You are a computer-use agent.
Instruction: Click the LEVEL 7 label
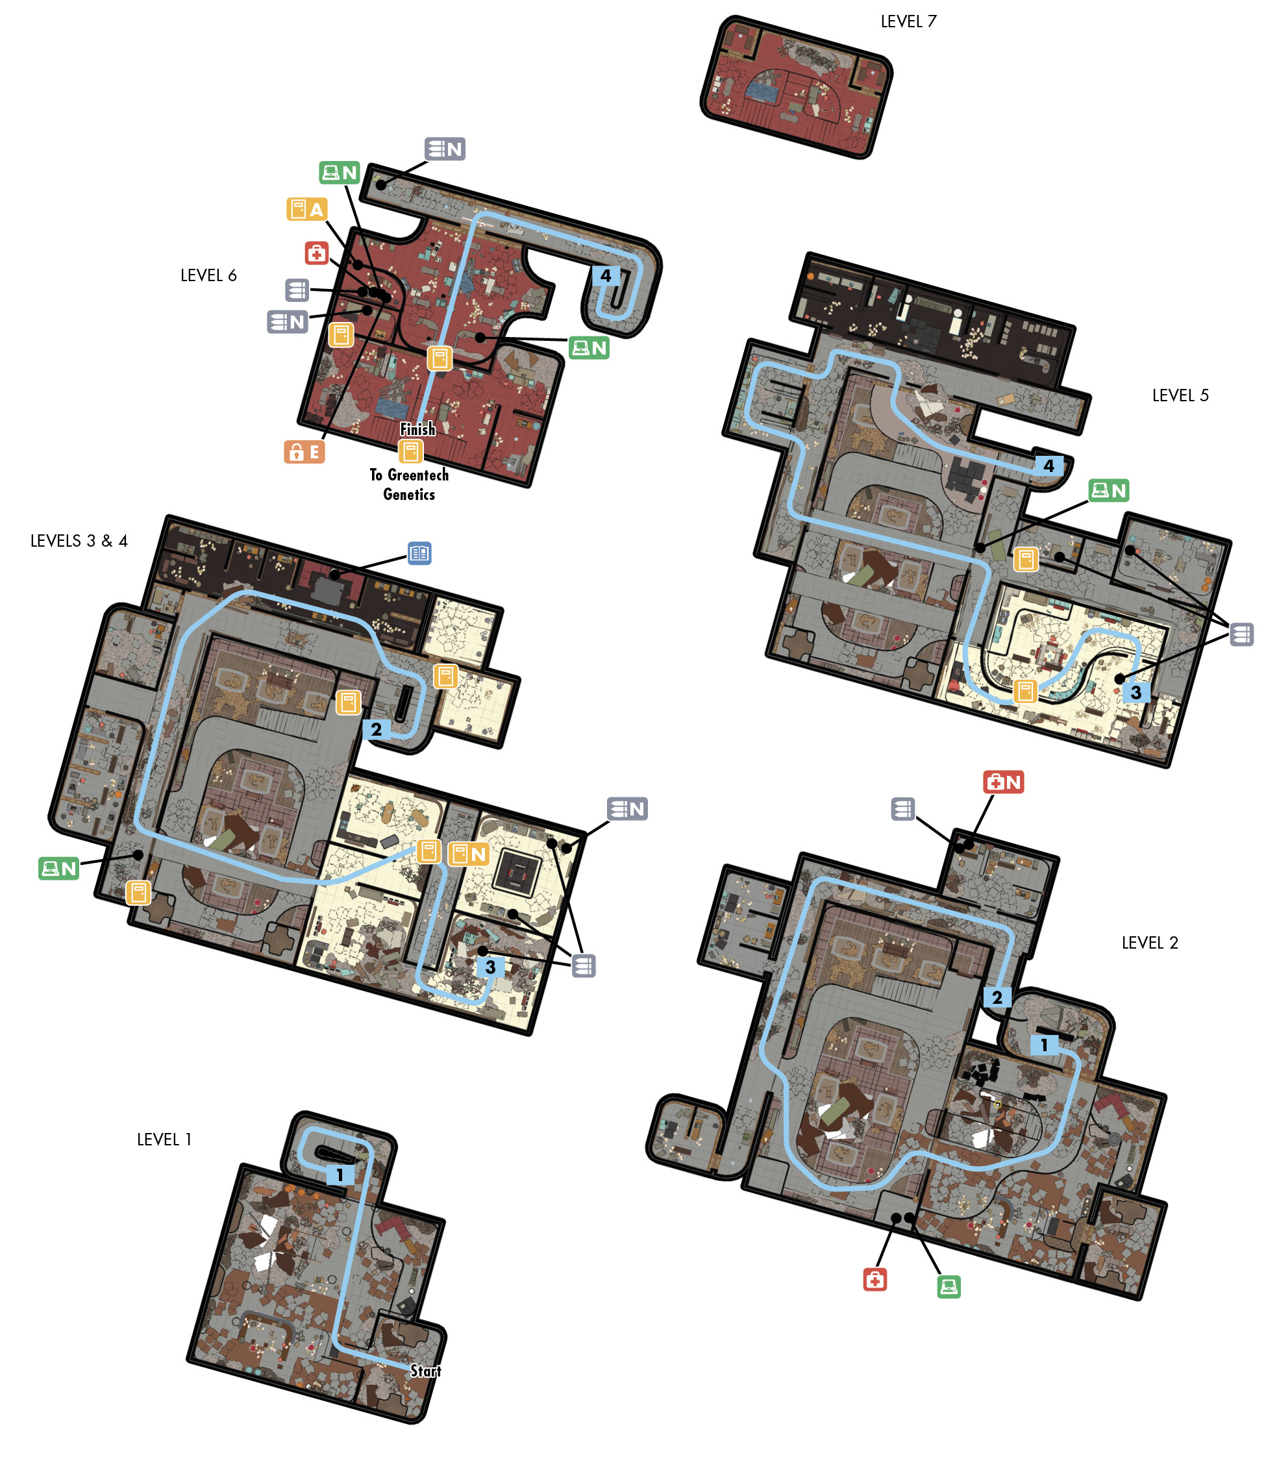click(908, 21)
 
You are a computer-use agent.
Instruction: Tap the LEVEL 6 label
click(208, 275)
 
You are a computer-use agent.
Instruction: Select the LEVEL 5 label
click(1180, 395)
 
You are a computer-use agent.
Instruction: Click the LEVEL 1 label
click(164, 1139)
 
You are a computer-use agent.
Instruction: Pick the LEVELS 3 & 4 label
click(79, 541)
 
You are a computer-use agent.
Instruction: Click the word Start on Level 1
click(425, 1371)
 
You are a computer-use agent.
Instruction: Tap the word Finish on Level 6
click(417, 429)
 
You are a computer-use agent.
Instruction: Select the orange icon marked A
click(306, 209)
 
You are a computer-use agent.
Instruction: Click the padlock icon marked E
click(304, 451)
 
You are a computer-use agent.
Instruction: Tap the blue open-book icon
click(419, 553)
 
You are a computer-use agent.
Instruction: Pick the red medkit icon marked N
click(1003, 782)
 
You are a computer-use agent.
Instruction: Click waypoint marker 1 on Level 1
click(340, 1175)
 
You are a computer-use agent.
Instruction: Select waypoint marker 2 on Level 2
click(997, 997)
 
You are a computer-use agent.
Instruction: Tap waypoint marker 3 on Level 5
click(1136, 691)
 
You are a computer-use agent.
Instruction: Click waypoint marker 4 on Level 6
click(606, 275)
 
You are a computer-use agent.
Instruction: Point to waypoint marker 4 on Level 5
click(1049, 466)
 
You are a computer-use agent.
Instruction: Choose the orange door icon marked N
click(468, 854)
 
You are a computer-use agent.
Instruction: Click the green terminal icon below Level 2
click(949, 1286)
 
